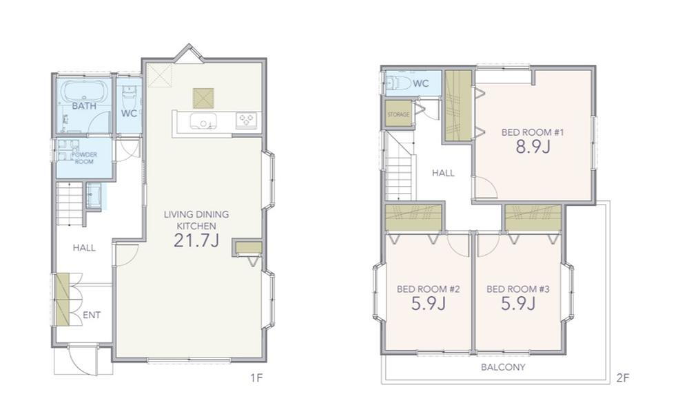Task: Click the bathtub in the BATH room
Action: click(x=84, y=92)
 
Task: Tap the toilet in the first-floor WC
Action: click(x=129, y=98)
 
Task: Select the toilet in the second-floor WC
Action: click(x=398, y=83)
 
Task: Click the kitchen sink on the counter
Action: click(x=203, y=121)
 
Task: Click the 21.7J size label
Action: click(x=196, y=241)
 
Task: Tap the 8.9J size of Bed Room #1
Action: click(x=533, y=147)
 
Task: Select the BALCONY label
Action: click(x=503, y=367)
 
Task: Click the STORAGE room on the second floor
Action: click(x=398, y=114)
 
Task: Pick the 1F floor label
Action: click(x=256, y=377)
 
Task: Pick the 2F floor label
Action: click(x=623, y=377)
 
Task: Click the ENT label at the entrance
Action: click(x=92, y=315)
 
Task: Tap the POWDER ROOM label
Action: click(x=84, y=158)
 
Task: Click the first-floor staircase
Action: click(x=70, y=204)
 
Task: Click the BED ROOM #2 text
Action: click(x=428, y=289)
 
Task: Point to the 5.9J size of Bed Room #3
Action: click(x=518, y=304)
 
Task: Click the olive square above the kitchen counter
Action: click(x=203, y=98)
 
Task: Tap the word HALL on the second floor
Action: click(x=443, y=173)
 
